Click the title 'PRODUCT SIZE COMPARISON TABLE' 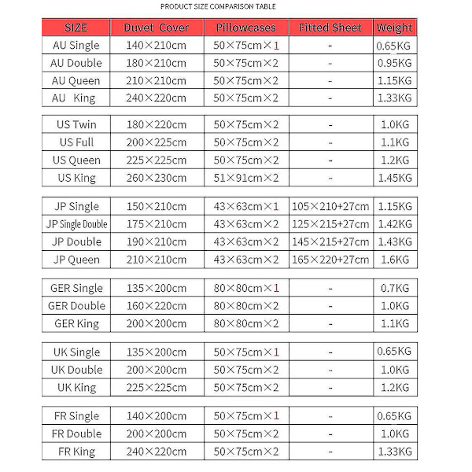point(218,6)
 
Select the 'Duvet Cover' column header point(156,28)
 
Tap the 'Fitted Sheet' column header point(330,28)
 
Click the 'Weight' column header point(394,28)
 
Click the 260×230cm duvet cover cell point(156,178)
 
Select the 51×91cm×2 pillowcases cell point(247,178)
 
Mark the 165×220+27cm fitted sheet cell point(330,260)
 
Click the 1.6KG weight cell point(394,260)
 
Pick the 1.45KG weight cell point(394,178)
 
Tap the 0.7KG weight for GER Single point(394,289)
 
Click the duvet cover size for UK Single point(156,352)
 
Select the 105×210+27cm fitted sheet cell point(330,207)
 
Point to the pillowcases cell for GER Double point(247,306)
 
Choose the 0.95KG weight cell point(394,63)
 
